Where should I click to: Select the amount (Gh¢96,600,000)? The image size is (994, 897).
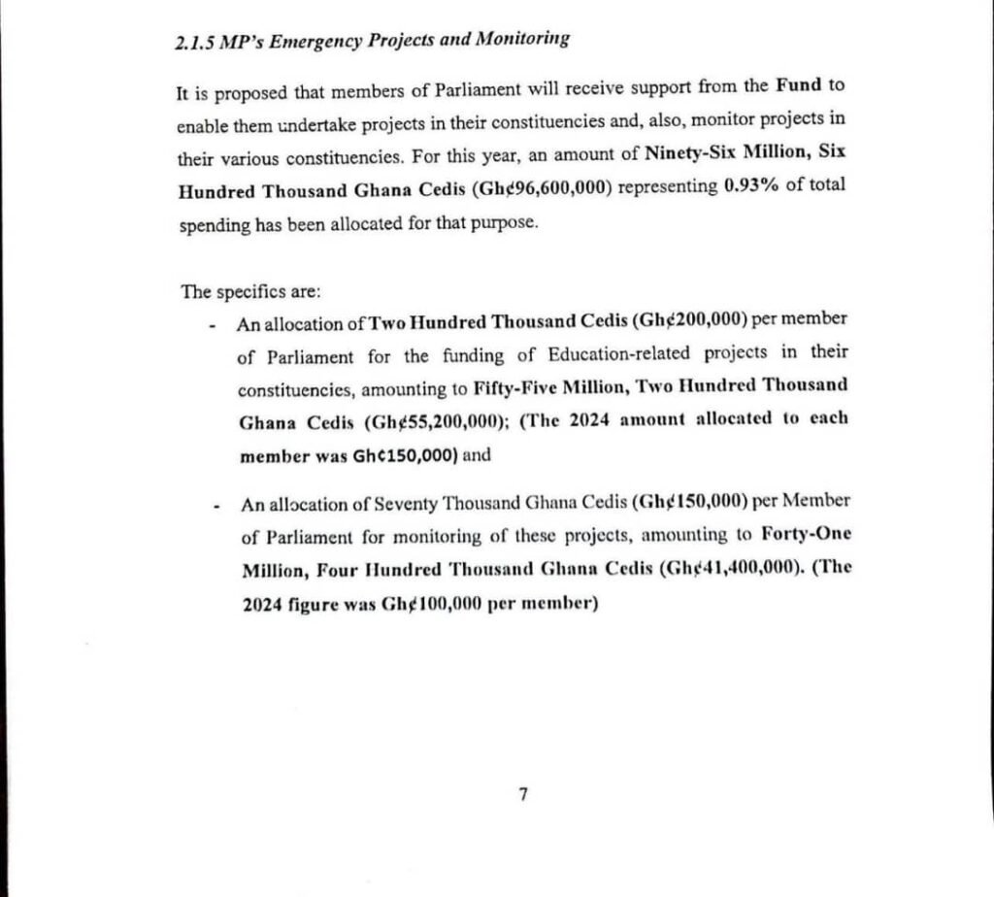(542, 188)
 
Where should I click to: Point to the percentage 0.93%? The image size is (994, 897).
(753, 187)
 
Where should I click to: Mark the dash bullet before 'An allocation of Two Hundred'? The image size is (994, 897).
(212, 325)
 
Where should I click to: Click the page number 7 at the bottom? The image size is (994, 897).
(523, 795)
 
